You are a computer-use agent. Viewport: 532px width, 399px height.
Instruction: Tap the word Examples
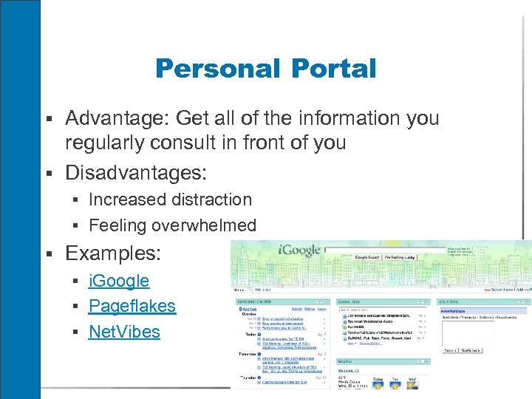point(112,253)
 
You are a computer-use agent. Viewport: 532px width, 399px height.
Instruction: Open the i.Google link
point(119,281)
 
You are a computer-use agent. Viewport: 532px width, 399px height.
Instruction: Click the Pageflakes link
point(132,306)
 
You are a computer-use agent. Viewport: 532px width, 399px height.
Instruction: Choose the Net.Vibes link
point(124,332)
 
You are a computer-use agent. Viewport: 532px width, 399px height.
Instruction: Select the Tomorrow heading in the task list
point(246,352)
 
